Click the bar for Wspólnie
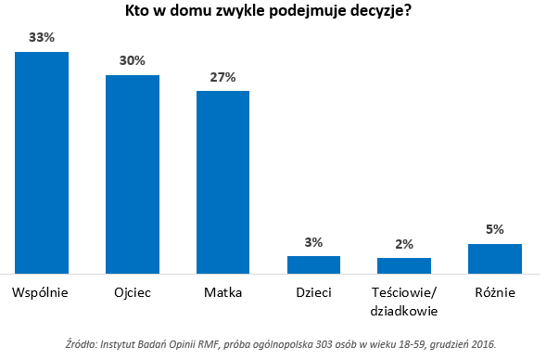pos(42,162)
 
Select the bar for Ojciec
pos(133,174)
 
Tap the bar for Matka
pos(222,182)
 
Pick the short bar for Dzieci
pos(313,264)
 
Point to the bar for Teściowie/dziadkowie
pos(404,265)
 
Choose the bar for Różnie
pos(495,259)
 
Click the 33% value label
pos(42,39)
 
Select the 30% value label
pos(133,61)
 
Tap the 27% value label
pos(222,77)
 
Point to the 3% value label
pos(313,242)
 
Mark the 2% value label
pos(404,244)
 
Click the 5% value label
pos(495,230)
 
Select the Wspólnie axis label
pos(42,292)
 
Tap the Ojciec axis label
pos(133,292)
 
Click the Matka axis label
pos(222,292)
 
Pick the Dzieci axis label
pos(313,292)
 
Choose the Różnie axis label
pos(495,292)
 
